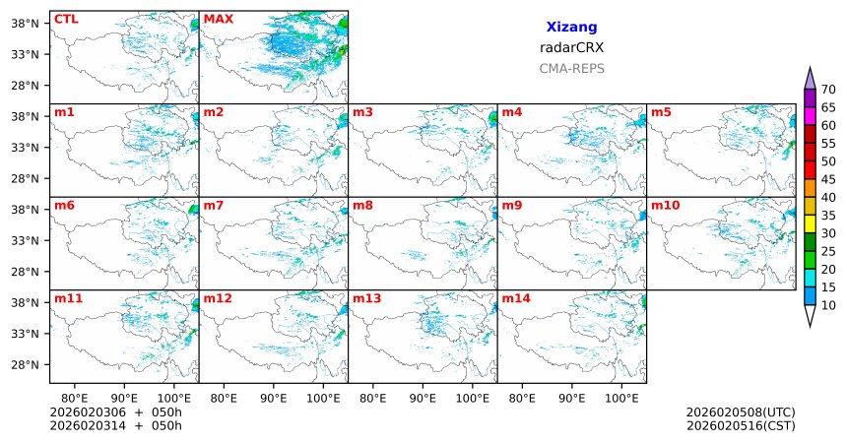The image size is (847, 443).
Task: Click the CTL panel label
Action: click(x=66, y=19)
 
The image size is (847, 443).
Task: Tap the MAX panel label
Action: click(x=218, y=19)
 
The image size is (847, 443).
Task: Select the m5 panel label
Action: click(x=661, y=112)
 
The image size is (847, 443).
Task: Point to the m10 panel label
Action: click(x=665, y=205)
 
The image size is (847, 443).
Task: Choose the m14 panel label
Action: click(x=515, y=297)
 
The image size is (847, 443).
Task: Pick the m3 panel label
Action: click(x=362, y=112)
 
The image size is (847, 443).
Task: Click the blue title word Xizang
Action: click(x=571, y=28)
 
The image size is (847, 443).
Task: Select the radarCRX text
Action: click(x=571, y=47)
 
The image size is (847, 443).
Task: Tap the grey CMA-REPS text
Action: click(x=571, y=68)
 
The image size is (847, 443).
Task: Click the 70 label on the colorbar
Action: click(x=828, y=89)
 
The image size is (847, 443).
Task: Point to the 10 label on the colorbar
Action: click(x=828, y=306)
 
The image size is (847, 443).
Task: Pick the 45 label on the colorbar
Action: click(x=828, y=179)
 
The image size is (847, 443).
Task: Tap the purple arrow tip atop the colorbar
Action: click(x=811, y=77)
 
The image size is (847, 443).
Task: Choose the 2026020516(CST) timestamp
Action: click(x=740, y=425)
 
